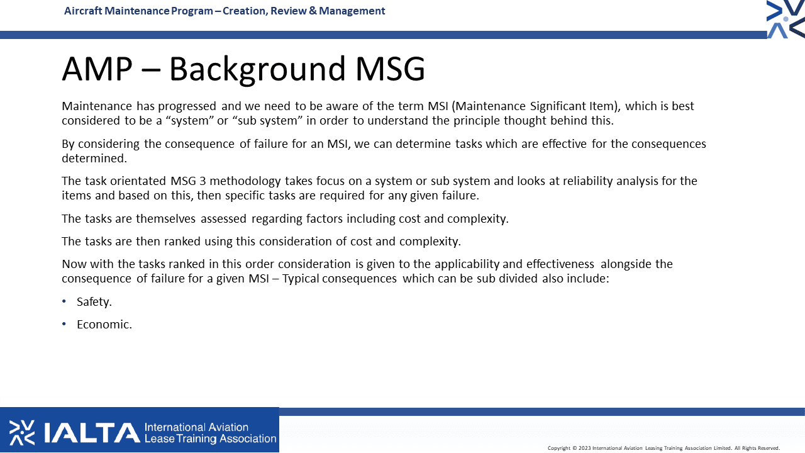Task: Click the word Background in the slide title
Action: point(257,69)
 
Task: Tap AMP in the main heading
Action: point(97,69)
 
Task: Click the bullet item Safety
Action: point(94,301)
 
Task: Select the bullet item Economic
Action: point(104,324)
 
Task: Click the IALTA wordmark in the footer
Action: point(92,432)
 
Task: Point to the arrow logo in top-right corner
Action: point(786,19)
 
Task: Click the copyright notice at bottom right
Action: point(663,448)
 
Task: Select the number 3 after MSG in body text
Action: point(203,181)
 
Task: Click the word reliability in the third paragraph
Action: point(587,181)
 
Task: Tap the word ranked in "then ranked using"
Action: point(182,241)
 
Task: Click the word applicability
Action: point(467,264)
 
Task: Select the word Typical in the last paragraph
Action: point(301,279)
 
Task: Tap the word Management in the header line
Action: point(352,11)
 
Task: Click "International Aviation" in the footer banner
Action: point(196,427)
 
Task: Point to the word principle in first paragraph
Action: point(477,121)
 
